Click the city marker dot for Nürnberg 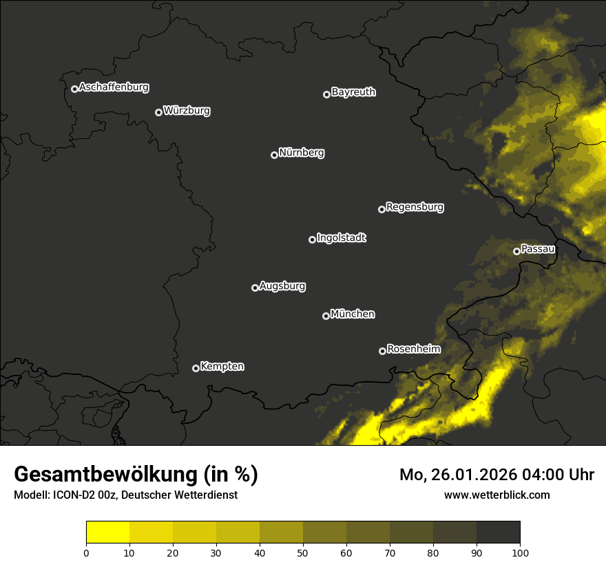(274, 155)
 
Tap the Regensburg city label (415, 207)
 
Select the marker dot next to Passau (516, 251)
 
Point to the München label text (353, 314)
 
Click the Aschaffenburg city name (114, 87)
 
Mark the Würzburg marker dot (158, 112)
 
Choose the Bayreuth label (353, 92)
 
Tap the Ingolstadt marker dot (312, 239)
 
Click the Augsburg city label (282, 286)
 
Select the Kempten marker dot (196, 368)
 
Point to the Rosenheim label (413, 349)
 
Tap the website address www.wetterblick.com (497, 495)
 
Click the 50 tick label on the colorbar (303, 552)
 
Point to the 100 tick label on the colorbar (520, 552)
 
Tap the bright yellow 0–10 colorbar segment (108, 532)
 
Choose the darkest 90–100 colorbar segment (498, 532)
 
